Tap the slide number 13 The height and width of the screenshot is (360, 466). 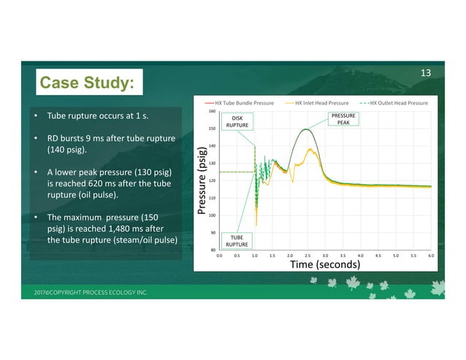click(x=427, y=72)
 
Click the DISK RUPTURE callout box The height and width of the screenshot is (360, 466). click(x=237, y=121)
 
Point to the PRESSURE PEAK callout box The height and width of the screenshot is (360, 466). click(x=343, y=119)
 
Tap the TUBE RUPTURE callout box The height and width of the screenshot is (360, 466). click(x=237, y=240)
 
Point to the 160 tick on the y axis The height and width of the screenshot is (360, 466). click(x=212, y=112)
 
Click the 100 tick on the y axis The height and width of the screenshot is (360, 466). click(x=212, y=215)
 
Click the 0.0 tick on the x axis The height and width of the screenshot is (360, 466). click(x=219, y=256)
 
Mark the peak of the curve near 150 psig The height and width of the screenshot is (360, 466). click(x=305, y=129)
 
